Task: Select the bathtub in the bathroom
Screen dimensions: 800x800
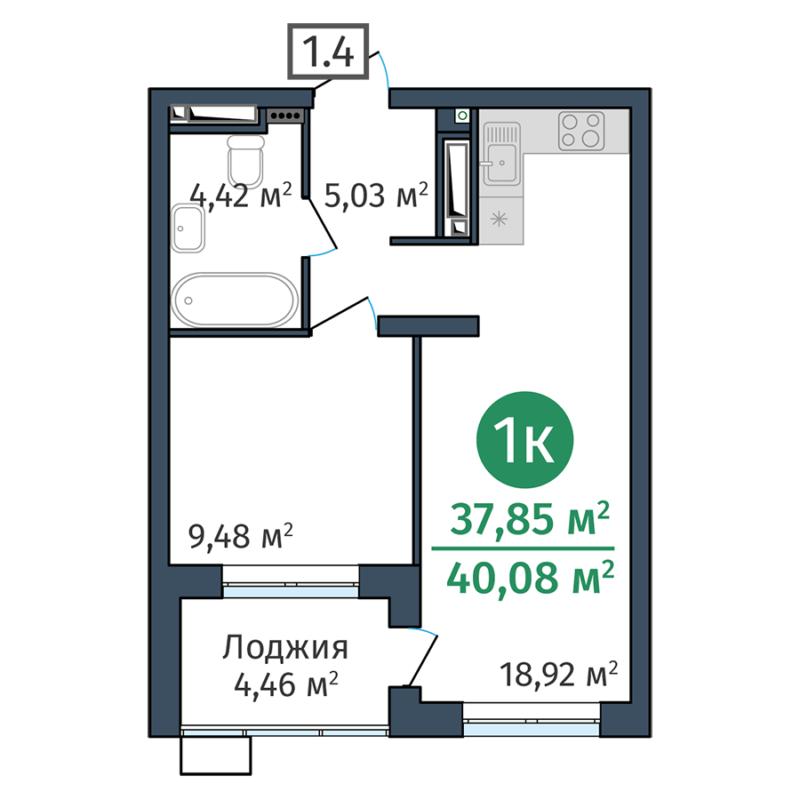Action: click(235, 299)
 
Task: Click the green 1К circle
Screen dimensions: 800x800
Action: click(525, 439)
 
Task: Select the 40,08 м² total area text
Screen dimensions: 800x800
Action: click(531, 578)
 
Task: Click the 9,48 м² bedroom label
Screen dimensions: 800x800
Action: click(240, 537)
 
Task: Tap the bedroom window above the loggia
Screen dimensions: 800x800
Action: click(291, 586)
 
